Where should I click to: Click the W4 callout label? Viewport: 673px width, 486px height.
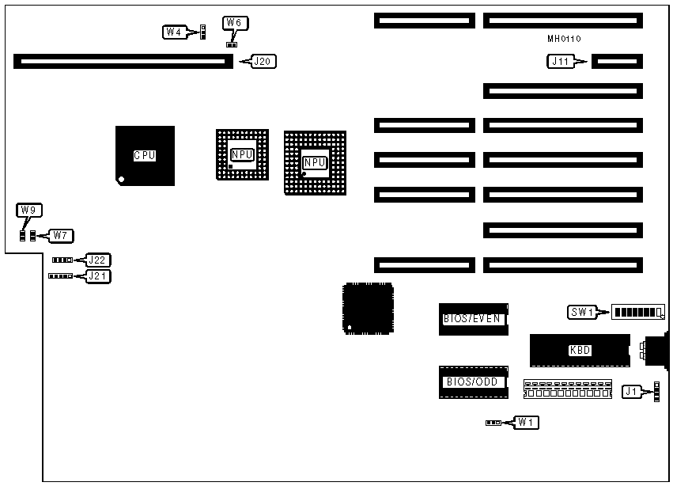(x=173, y=32)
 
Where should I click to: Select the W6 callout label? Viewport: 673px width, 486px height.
(x=233, y=23)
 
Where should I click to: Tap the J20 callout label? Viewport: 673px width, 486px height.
(x=264, y=61)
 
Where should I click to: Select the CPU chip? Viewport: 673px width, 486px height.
(x=145, y=155)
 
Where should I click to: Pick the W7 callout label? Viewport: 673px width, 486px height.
(x=60, y=235)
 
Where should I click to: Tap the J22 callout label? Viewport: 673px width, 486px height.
(x=99, y=260)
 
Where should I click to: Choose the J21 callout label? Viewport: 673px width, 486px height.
(x=99, y=276)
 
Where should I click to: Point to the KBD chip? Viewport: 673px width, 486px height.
(x=580, y=350)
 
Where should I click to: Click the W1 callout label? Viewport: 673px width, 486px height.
(x=526, y=423)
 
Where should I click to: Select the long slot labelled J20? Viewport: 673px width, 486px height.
(x=123, y=61)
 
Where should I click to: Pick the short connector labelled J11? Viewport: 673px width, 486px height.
(x=617, y=61)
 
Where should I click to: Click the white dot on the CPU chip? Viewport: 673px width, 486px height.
(x=120, y=180)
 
